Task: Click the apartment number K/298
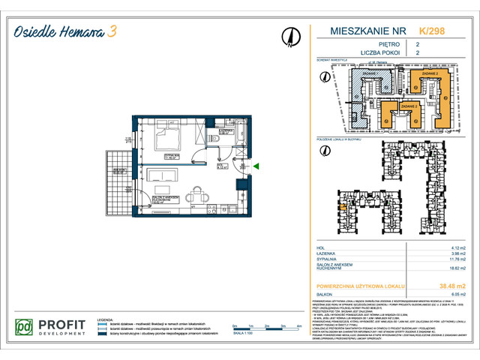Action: (430, 31)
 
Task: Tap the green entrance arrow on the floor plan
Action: (256, 166)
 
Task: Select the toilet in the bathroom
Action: (214, 140)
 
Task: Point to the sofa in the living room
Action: (165, 177)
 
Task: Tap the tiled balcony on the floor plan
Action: (117, 184)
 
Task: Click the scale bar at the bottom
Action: (260, 327)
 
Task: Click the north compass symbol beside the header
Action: (289, 36)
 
